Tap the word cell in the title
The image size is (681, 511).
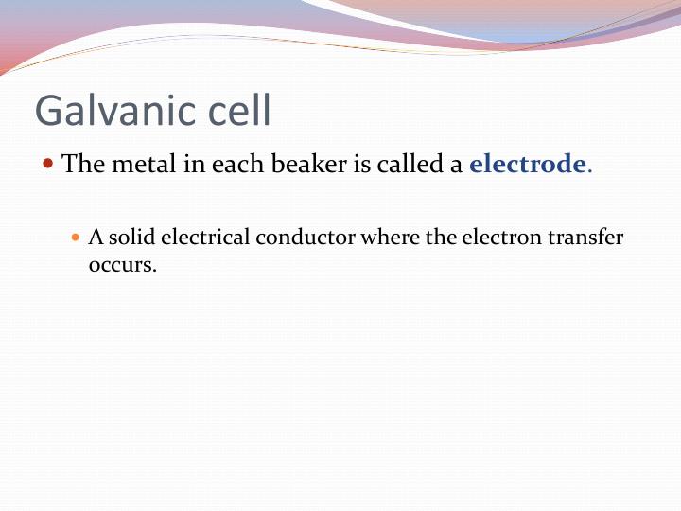coord(237,112)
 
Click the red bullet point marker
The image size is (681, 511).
coord(49,164)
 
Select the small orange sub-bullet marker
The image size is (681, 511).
coord(78,237)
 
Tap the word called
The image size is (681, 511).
coord(409,165)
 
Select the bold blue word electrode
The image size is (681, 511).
coord(528,165)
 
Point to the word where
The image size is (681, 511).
coord(390,238)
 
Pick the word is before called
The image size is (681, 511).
coord(362,165)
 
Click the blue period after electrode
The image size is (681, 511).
coord(590,170)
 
